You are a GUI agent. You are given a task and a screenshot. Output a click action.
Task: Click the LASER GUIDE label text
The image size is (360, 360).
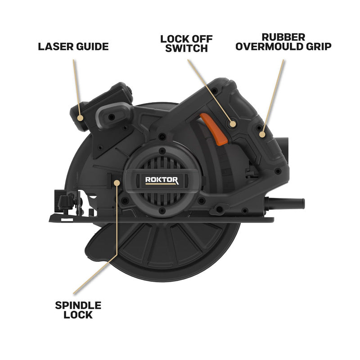click(x=73, y=46)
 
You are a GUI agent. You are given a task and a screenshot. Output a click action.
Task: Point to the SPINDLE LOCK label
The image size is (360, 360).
click(x=78, y=310)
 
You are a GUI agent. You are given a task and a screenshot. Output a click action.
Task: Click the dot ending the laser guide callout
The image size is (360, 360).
click(x=80, y=118)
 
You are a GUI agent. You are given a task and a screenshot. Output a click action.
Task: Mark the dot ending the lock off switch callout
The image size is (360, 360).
click(x=232, y=123)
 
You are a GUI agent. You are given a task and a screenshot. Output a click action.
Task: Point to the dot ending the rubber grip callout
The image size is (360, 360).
click(x=262, y=133)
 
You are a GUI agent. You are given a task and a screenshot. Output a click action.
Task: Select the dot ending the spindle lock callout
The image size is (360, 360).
click(x=117, y=182)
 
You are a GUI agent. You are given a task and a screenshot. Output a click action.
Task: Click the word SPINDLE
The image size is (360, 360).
click(x=78, y=306)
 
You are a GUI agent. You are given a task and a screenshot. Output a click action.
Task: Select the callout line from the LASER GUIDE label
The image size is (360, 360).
click(x=76, y=85)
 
